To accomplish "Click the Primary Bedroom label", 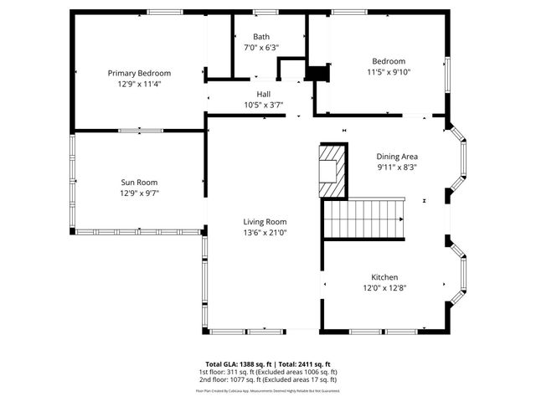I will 139,73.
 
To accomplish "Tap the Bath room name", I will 262,37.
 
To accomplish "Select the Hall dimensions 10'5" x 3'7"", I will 264,105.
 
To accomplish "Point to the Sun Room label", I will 139,182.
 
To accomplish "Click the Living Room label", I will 265,221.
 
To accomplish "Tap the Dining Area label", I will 397,156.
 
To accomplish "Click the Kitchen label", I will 385,277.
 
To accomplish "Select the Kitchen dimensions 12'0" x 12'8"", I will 385,288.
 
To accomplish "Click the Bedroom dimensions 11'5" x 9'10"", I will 389,72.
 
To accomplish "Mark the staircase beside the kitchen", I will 364,218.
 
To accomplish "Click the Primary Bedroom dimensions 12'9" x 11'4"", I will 139,84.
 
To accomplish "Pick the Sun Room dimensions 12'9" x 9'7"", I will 139,193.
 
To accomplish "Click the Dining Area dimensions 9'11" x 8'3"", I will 397,167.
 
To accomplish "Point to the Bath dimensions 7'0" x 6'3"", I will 262,48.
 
